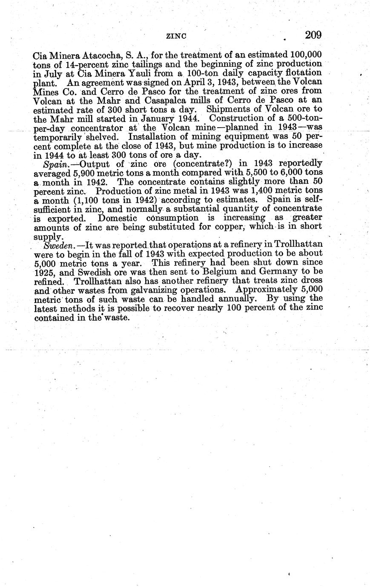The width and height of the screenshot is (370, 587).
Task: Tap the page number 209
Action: [x=313, y=35]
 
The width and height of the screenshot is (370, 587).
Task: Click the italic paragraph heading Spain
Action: [x=54, y=164]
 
